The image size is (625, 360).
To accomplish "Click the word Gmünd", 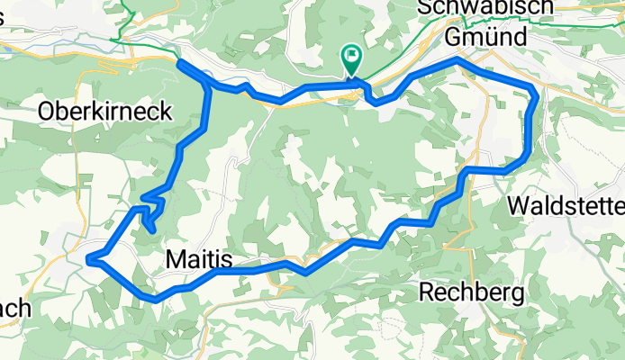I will [x=486, y=39].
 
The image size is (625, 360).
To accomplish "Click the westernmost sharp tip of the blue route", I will [x=88, y=260].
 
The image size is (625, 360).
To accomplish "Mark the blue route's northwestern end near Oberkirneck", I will [x=179, y=61].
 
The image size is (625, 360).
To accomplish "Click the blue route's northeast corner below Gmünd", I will [x=537, y=92].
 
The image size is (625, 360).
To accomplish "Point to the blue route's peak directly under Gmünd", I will [x=459, y=59].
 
